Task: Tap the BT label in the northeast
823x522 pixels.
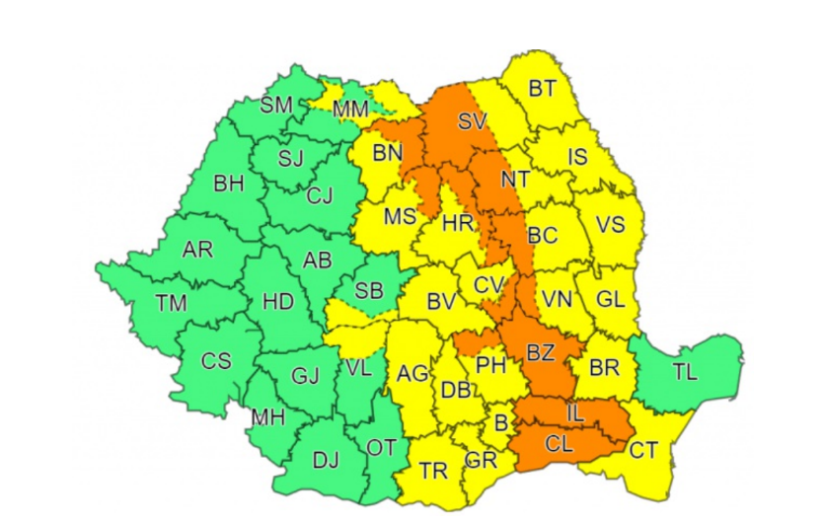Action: click(542, 89)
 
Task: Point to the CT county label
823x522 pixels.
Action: click(642, 450)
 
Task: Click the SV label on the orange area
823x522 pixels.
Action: click(473, 122)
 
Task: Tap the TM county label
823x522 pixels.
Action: click(171, 303)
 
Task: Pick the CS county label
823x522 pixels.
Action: click(216, 360)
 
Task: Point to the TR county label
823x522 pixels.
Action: click(433, 471)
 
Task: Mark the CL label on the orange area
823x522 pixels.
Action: click(559, 445)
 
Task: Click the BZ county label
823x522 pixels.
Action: click(541, 351)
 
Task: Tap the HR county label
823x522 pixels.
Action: click(458, 223)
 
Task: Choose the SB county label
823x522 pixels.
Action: click(369, 290)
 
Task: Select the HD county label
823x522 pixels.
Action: click(278, 302)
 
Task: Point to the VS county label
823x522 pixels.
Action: click(611, 225)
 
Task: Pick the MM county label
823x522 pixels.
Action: click(351, 110)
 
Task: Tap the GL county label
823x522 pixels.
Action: click(612, 300)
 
